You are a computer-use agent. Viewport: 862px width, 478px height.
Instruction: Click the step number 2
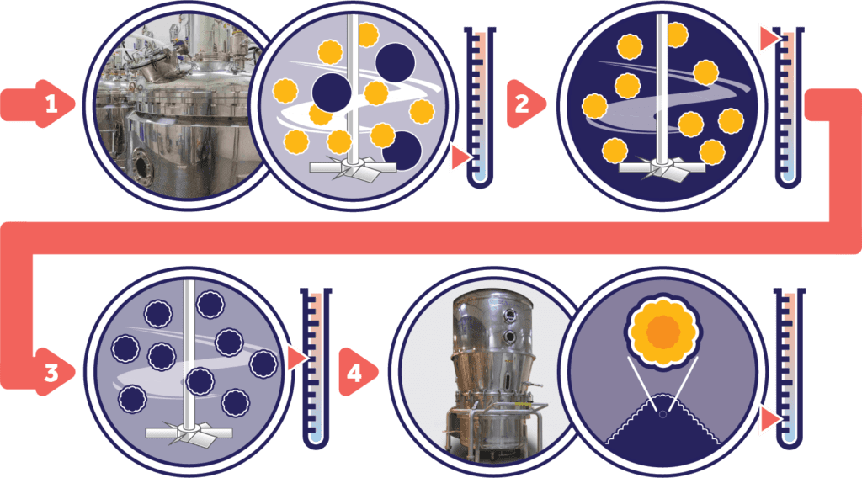point(522,104)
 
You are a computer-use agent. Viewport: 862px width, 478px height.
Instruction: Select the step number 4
point(354,372)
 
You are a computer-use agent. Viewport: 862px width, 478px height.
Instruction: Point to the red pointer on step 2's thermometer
point(768,39)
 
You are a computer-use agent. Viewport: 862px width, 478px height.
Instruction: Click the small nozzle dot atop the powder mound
point(662,414)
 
